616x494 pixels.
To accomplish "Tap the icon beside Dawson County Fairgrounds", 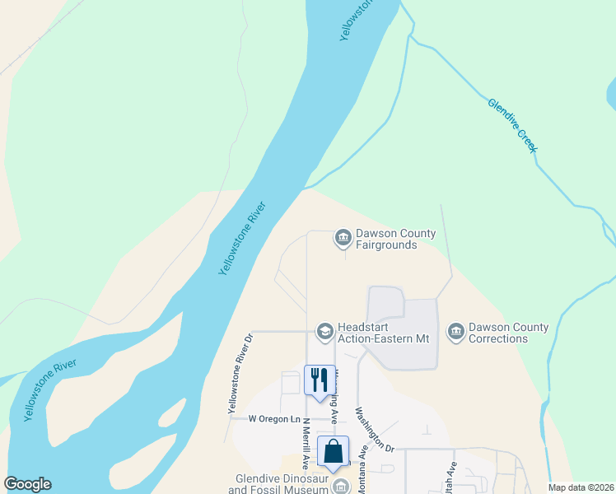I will pos(343,238).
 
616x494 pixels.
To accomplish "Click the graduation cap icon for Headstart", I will pos(325,331).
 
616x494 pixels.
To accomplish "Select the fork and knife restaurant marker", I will pos(320,380).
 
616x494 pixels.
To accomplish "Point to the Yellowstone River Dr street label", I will pos(237,374).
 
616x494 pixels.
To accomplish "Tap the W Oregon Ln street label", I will pos(275,418).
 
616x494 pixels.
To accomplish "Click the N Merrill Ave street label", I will pos(306,445).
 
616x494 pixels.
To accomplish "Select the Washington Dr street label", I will pos(376,429).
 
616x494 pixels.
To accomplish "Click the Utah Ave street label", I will pos(452,477).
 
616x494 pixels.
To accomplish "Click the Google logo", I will pos(28,484).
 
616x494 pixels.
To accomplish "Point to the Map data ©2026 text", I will pos(581,487).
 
